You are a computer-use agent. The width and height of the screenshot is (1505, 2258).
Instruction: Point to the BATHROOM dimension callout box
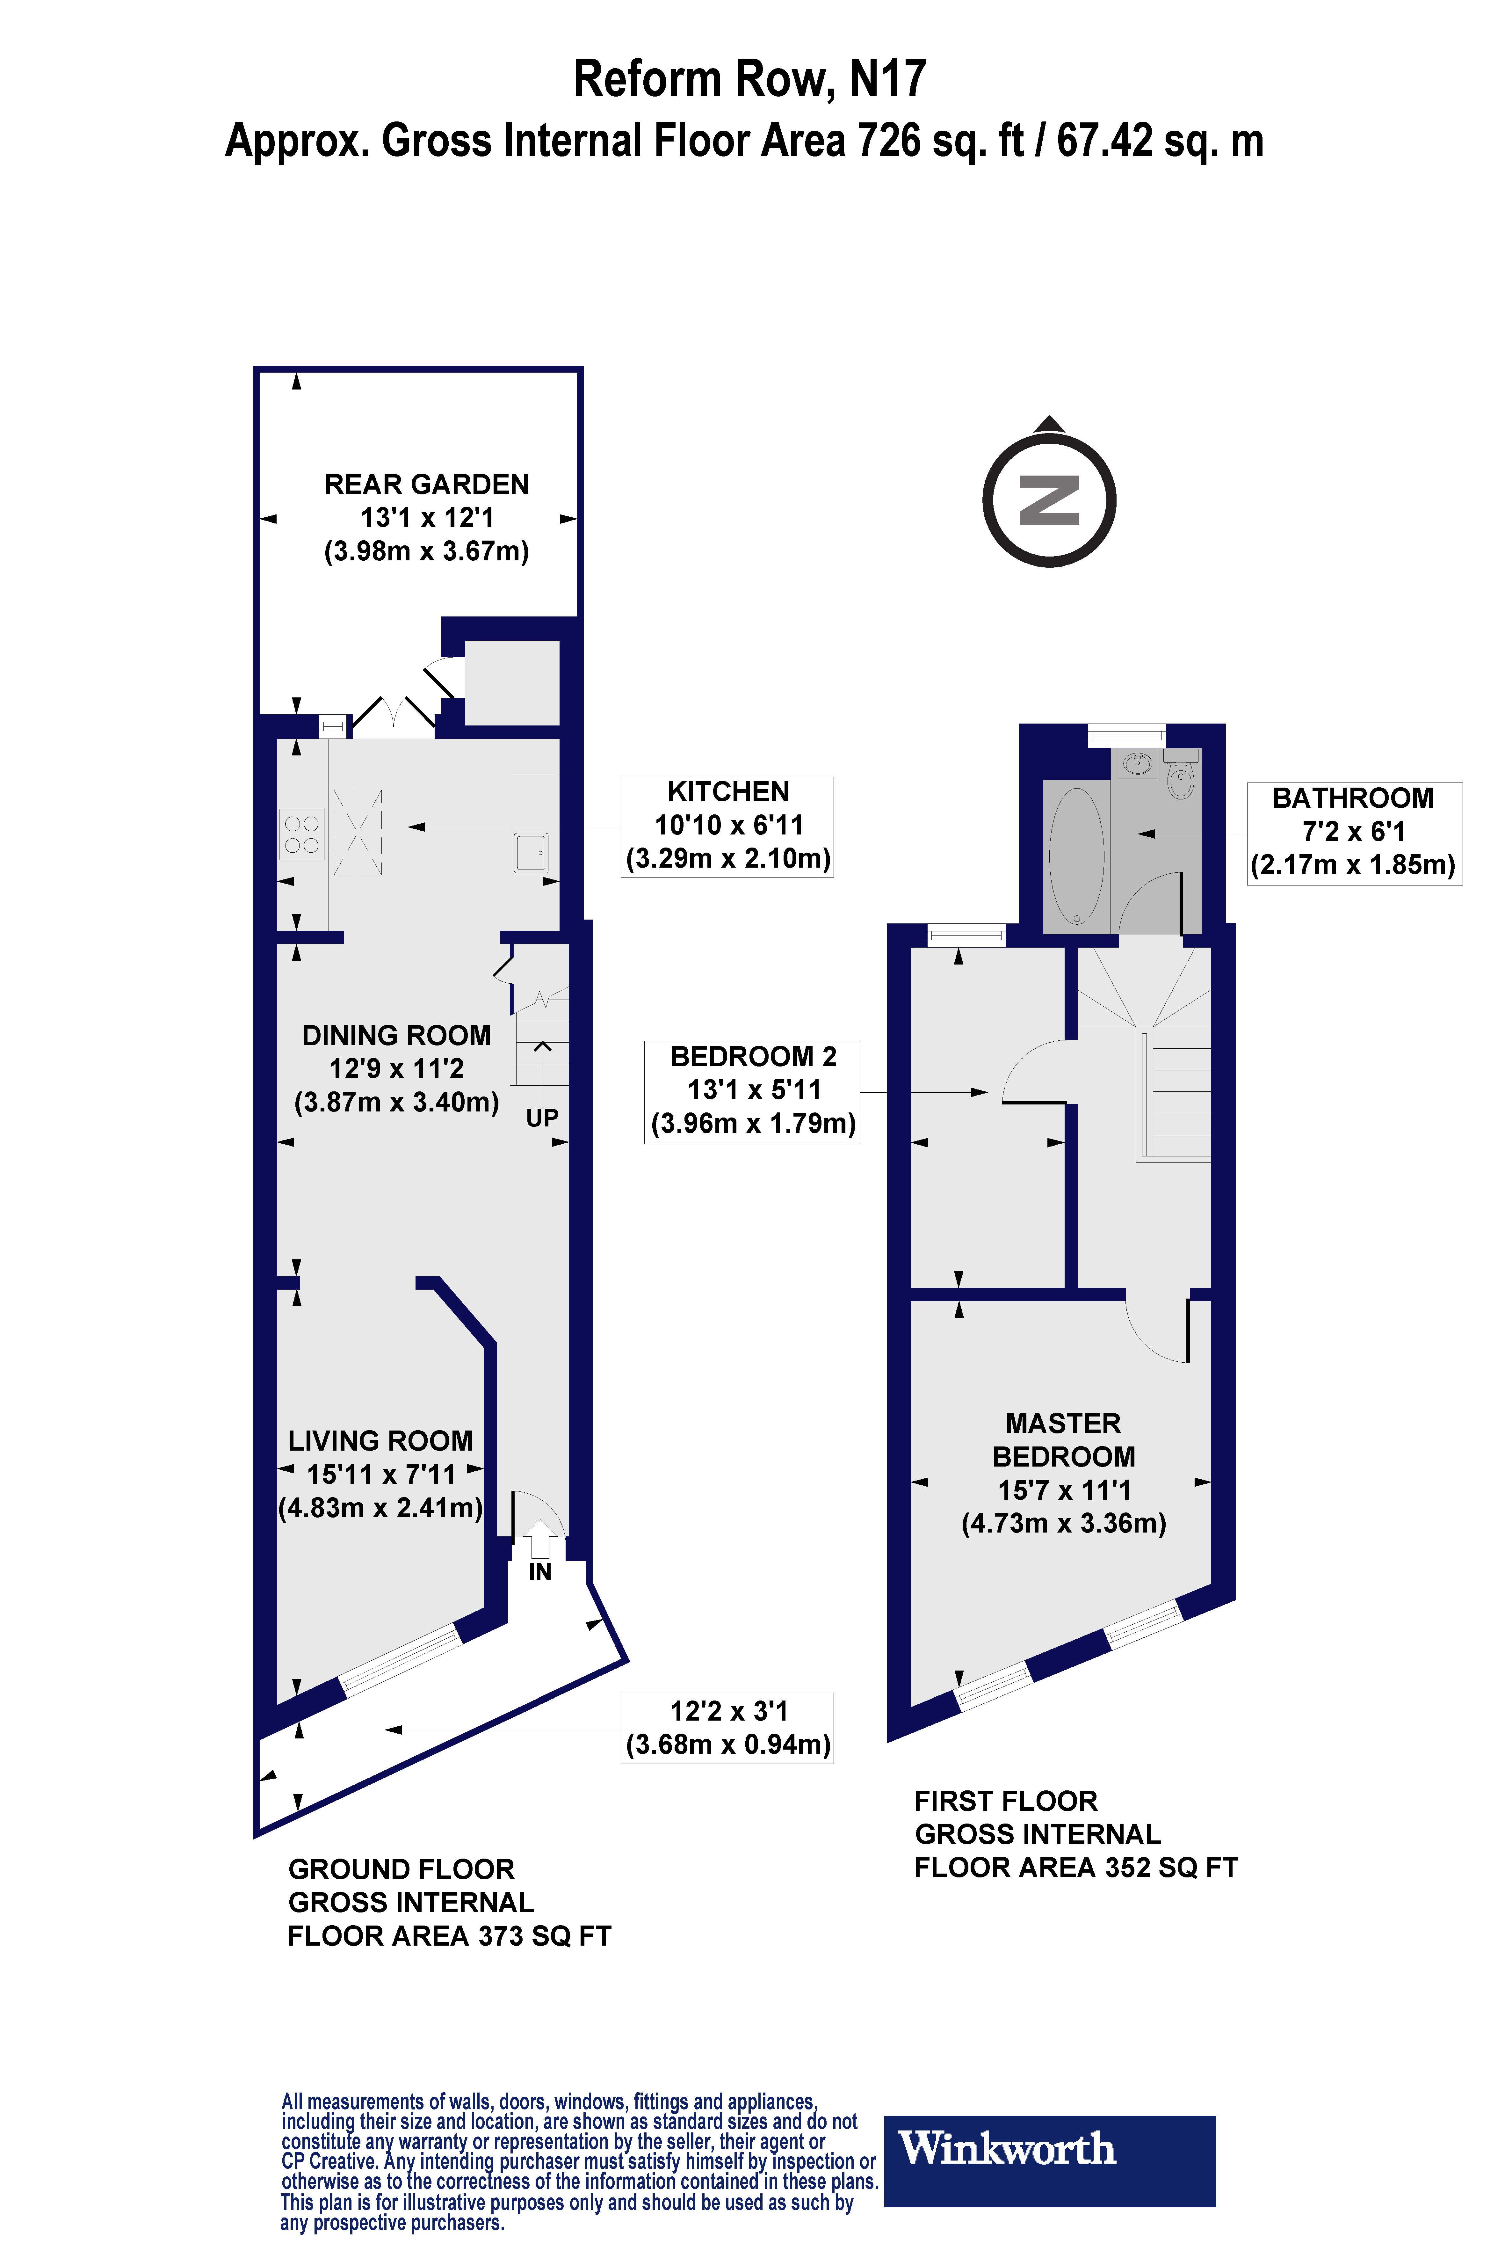point(1353,832)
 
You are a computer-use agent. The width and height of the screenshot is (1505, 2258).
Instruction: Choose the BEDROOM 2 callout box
point(751,1092)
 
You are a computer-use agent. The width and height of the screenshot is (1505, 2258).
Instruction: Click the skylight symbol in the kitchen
point(358,832)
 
